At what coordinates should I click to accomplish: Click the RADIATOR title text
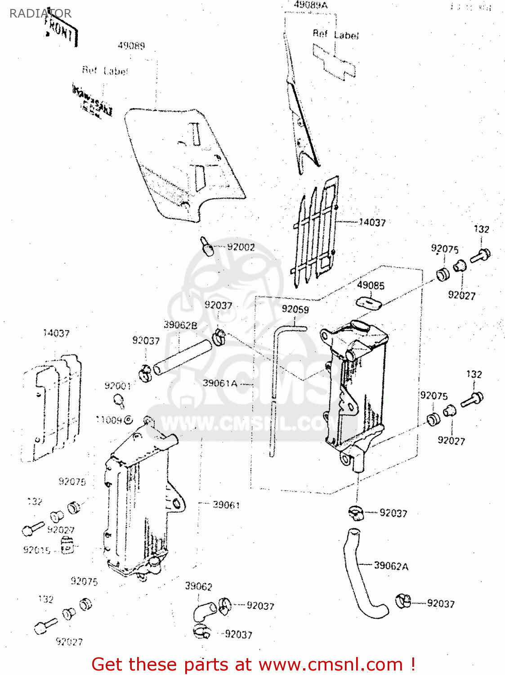point(40,13)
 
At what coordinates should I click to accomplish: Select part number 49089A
point(310,5)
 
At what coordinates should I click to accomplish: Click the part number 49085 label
point(371,285)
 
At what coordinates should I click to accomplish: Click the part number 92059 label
point(295,309)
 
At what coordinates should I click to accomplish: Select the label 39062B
point(180,325)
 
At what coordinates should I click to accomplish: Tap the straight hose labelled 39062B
point(182,357)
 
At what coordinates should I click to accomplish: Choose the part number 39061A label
point(220,383)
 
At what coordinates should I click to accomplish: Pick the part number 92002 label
point(241,247)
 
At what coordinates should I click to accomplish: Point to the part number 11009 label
point(109,420)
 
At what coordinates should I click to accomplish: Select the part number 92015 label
point(36,550)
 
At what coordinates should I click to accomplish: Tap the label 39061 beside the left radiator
point(226,505)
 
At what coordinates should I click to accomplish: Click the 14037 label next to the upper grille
point(372,222)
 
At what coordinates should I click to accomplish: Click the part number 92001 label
point(117,386)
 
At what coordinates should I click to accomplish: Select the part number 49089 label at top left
point(131,46)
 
